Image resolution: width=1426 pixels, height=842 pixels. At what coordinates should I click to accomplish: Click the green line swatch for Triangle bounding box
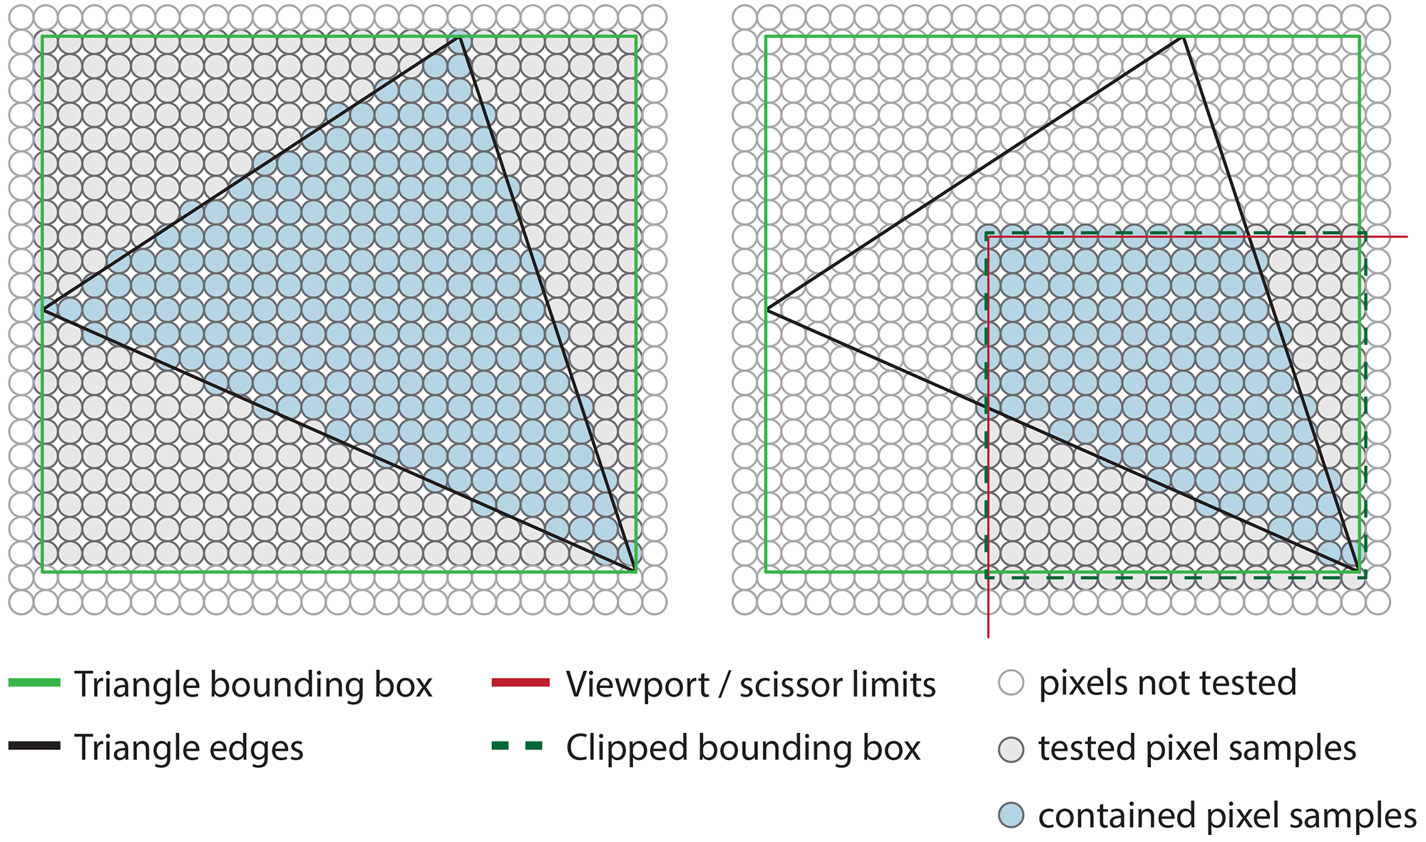pos(34,683)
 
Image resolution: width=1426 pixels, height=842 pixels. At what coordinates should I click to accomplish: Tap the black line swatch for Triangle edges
pos(34,746)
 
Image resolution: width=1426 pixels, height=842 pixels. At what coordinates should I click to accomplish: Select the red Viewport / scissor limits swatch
pos(520,683)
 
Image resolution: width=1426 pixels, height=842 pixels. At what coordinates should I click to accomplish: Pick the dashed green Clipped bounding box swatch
pos(518,746)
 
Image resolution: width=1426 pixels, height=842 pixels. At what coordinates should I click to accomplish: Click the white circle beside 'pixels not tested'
pos(1011,683)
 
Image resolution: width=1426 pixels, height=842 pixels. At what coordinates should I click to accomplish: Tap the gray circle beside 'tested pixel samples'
pos(1011,749)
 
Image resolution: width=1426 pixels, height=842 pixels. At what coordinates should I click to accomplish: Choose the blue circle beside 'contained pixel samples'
pos(1011,815)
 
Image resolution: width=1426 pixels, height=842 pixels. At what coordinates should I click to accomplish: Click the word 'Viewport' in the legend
pos(637,685)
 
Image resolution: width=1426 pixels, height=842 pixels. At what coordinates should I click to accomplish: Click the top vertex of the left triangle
pos(460,37)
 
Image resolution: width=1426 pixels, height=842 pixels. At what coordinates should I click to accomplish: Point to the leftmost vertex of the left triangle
pos(43,309)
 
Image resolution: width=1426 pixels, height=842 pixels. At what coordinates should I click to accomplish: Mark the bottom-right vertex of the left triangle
pos(634,570)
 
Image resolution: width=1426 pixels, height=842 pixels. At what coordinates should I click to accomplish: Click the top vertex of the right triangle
pos(1183,37)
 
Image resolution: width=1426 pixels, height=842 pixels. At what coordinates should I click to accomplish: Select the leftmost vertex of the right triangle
pos(767,309)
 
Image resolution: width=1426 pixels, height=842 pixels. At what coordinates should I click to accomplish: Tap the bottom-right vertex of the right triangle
pos(1358,570)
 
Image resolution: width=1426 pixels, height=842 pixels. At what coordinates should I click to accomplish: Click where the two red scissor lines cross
pos(988,236)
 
